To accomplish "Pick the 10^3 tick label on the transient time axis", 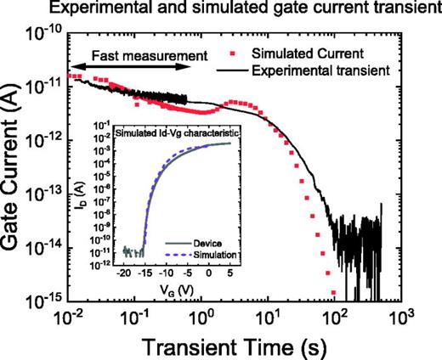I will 400,318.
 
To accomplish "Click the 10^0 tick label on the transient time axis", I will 202,318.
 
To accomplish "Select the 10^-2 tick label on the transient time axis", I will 70,318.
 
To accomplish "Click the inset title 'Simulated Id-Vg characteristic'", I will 179,134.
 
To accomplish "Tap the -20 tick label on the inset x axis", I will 122,274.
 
